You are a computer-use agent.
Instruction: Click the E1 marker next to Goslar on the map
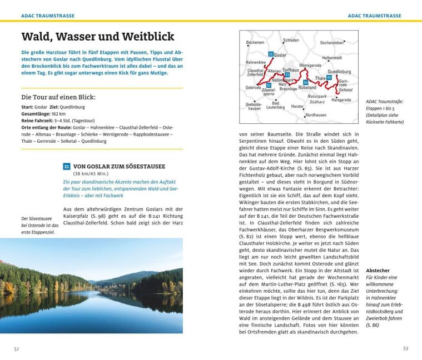point(270,54)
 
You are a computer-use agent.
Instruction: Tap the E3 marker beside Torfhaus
point(287,75)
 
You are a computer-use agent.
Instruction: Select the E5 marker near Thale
point(329,78)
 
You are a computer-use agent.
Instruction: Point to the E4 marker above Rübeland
point(305,82)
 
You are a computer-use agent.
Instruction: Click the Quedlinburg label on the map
point(339,72)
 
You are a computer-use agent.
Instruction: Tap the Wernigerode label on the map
point(310,65)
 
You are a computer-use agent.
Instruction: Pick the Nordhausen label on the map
point(316,114)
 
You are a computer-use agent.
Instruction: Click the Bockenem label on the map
point(255,43)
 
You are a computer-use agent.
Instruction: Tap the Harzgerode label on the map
point(341,100)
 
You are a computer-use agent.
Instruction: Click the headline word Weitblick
point(146,37)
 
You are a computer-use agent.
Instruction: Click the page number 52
point(17,348)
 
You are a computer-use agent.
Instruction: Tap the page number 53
point(405,348)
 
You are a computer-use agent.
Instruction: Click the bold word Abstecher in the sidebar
point(378,271)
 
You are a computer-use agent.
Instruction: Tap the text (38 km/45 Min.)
point(92,173)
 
